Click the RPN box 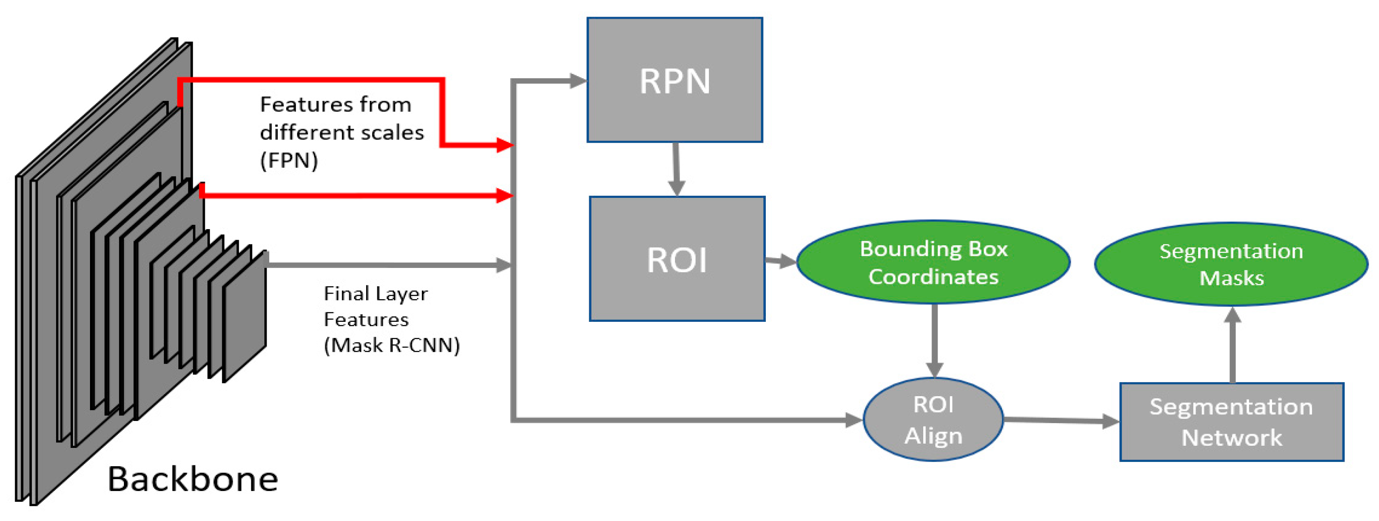674,80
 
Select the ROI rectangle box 677,259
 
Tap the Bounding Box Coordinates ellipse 934,262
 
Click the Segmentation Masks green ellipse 1231,264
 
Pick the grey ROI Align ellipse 933,419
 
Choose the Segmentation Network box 1231,422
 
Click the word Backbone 193,479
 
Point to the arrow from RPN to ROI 676,169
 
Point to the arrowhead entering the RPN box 578,81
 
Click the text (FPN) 289,160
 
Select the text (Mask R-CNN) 392,345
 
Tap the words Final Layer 376,294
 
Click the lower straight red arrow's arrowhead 504,195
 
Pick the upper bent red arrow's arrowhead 504,144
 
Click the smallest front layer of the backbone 244,319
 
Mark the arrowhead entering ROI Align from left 854,420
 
